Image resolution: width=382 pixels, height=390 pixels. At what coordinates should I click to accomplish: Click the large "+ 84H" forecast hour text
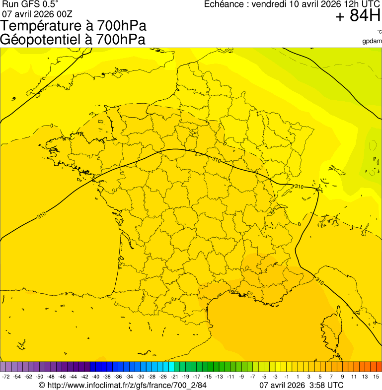(358, 16)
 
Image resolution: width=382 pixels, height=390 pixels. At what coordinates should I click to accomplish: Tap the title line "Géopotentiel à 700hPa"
(73, 40)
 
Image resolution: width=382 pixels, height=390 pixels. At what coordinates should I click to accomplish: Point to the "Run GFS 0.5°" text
(30, 4)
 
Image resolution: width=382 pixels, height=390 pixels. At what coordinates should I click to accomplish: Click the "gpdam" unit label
(372, 41)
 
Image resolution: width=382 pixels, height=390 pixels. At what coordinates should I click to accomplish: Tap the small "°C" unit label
(379, 32)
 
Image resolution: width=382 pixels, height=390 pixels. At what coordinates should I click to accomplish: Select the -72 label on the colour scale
(6, 377)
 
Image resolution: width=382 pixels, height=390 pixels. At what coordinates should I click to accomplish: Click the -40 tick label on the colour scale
(95, 377)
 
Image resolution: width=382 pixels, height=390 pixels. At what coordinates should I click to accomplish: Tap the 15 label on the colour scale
(376, 377)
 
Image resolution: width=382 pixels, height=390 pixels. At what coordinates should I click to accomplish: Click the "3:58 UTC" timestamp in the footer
(325, 385)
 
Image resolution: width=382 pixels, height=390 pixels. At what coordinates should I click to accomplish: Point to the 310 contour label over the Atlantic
(41, 217)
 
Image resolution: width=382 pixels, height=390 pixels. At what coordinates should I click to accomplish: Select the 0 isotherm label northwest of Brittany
(52, 126)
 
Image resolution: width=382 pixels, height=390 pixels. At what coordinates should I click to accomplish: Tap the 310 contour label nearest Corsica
(319, 282)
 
